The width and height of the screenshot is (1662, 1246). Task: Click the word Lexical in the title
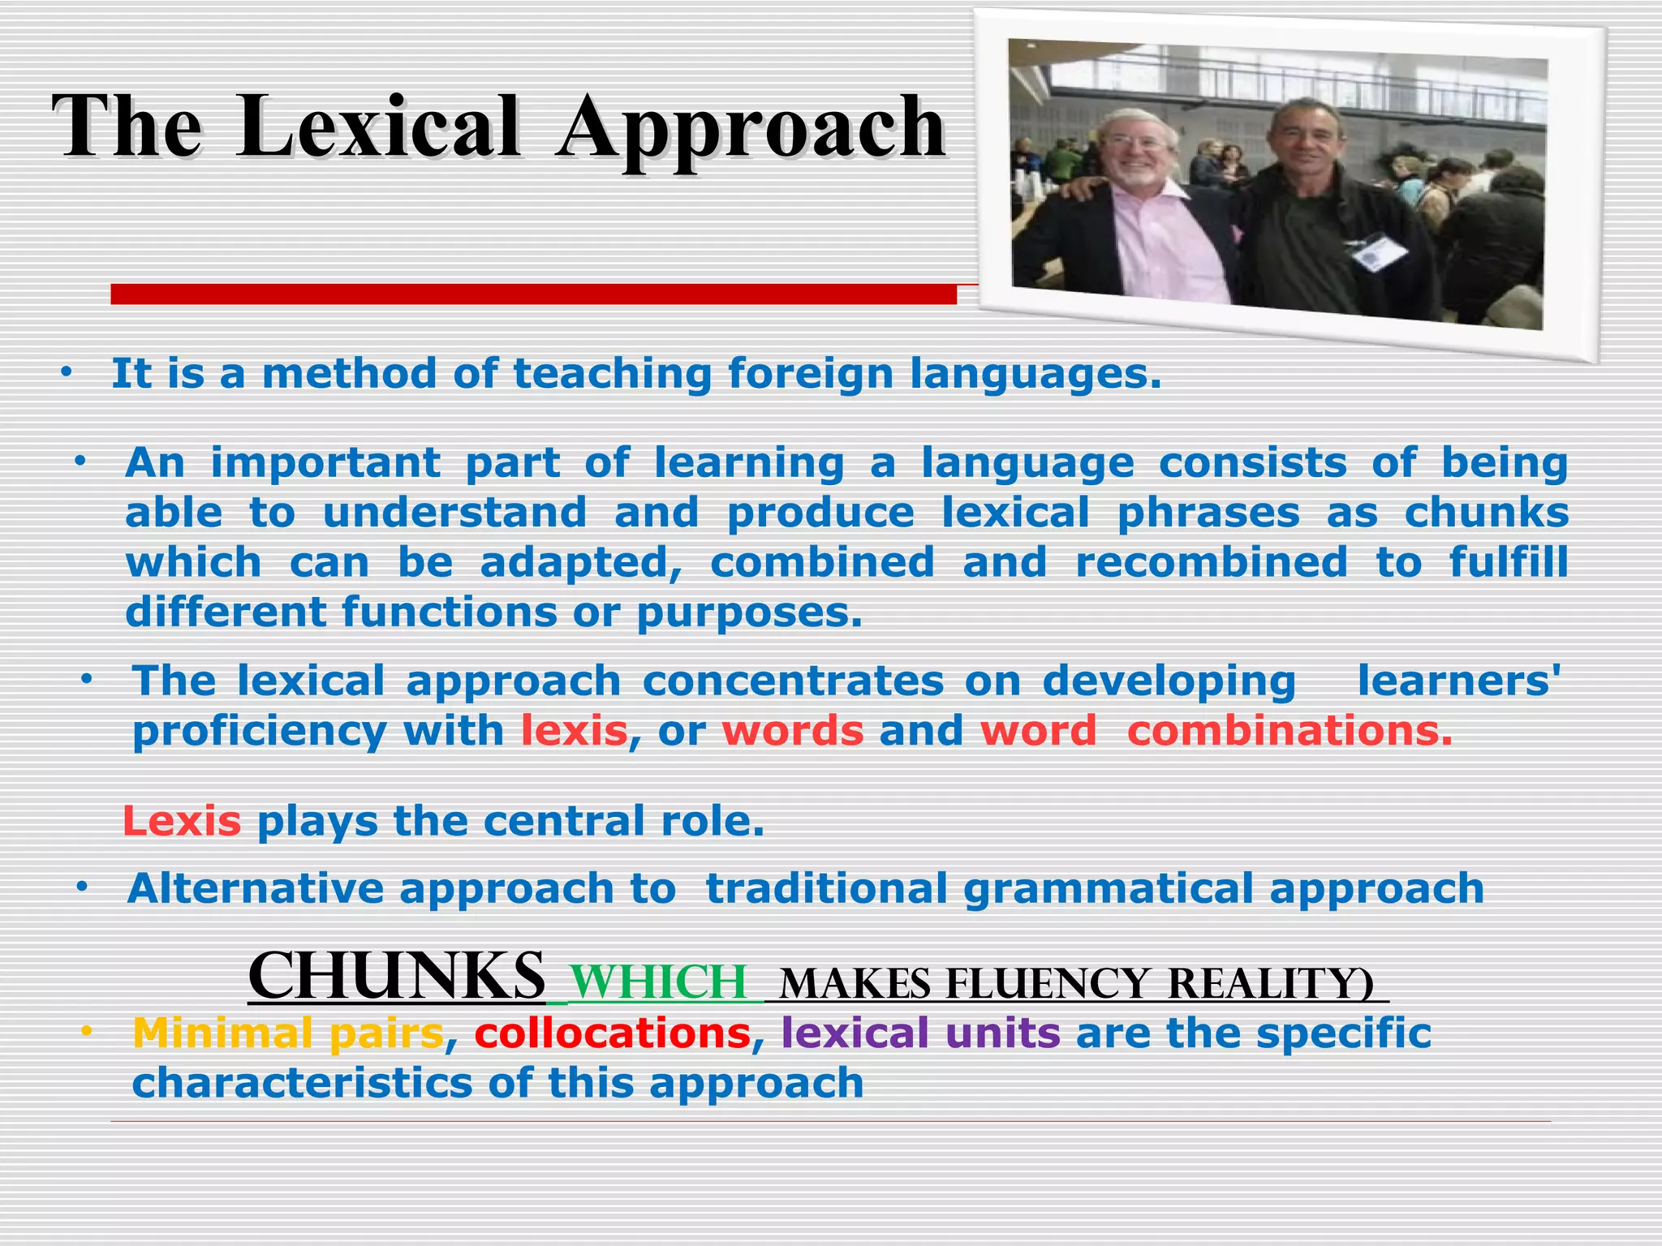(379, 127)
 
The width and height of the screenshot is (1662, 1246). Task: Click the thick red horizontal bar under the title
(533, 294)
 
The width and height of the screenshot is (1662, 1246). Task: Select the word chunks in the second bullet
(1486, 513)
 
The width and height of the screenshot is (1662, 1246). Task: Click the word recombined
(1211, 563)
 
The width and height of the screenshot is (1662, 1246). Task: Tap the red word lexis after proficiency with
(575, 731)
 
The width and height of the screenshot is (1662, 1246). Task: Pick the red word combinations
(1289, 731)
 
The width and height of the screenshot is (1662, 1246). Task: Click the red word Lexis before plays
(182, 822)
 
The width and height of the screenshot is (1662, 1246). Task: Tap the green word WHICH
(658, 982)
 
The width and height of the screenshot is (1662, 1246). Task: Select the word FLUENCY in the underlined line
(1048, 984)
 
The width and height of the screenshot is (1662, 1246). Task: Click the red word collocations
(613, 1033)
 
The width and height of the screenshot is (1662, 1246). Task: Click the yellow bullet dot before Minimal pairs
(86, 1031)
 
